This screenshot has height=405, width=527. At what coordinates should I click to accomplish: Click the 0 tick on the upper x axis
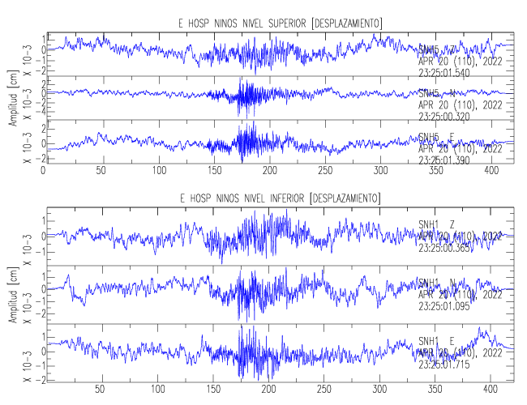[43, 171]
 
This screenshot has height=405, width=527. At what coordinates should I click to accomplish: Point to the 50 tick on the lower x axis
[100, 389]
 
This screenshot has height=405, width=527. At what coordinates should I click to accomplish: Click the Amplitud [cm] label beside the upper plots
[12, 101]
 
